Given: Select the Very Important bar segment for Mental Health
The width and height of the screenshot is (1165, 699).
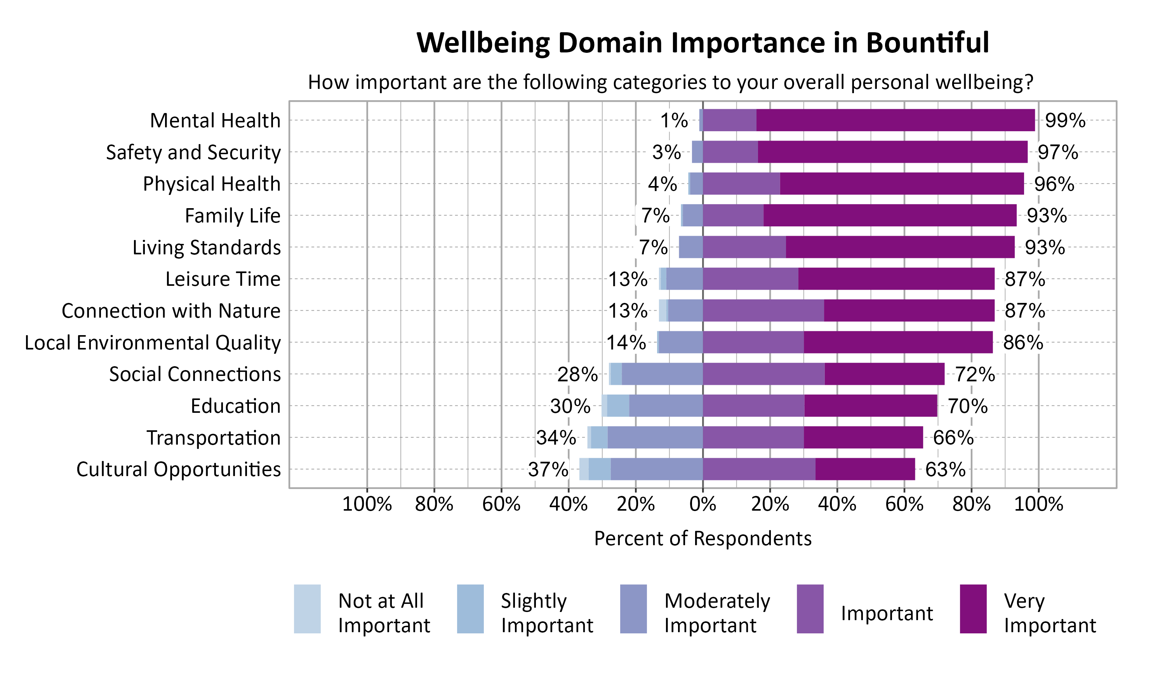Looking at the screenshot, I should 895,120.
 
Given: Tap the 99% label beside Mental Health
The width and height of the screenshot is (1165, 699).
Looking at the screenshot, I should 1065,121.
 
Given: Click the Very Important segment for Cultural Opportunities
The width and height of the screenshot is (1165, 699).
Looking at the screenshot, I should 865,469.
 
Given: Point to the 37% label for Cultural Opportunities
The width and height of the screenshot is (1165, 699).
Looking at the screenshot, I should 548,469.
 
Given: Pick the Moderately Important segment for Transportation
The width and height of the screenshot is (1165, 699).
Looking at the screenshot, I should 655,438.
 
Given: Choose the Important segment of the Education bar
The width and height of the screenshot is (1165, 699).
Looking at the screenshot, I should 753,405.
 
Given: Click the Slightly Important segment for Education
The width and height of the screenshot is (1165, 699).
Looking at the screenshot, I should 618,405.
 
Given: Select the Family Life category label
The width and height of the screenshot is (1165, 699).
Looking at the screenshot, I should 233,216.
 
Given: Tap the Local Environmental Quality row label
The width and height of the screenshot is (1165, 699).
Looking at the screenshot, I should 153,343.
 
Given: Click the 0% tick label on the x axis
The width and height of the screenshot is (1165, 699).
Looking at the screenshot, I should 702,504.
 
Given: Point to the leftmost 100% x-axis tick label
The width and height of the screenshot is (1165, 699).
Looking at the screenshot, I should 367,504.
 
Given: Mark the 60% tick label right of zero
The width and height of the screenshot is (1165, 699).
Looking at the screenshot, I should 904,504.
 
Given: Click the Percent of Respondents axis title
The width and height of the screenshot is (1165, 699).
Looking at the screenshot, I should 702,538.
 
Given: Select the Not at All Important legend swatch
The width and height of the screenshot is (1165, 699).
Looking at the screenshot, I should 307,609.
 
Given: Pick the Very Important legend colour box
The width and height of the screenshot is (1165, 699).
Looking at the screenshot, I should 973,609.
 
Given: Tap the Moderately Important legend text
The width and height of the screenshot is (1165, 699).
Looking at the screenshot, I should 717,613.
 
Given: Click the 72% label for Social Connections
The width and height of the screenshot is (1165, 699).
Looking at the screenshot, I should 975,374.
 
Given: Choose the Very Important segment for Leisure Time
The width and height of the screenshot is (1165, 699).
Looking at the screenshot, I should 896,279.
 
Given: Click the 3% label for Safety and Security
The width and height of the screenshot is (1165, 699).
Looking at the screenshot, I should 666,152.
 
